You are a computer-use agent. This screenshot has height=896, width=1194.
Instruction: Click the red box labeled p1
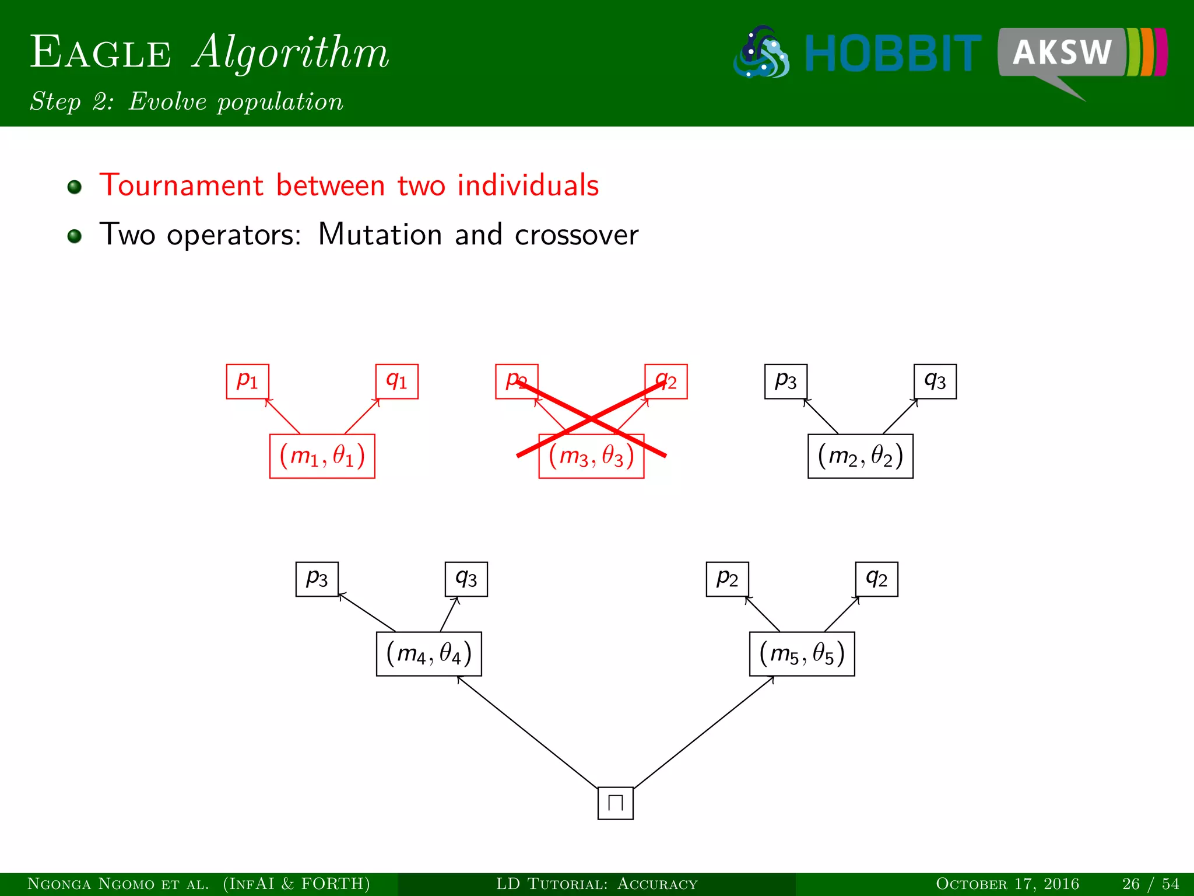point(247,381)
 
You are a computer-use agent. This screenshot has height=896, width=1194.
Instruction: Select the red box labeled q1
point(397,381)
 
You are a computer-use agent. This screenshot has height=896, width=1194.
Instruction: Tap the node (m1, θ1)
point(322,456)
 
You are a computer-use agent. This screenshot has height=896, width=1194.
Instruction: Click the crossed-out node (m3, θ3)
point(591,457)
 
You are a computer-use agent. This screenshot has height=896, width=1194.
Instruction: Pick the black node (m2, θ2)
point(860,456)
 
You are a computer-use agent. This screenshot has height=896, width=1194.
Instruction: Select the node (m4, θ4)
point(429,654)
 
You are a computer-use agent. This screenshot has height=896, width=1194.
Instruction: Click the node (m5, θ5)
point(802,654)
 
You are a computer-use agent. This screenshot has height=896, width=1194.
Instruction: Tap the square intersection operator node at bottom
point(615,803)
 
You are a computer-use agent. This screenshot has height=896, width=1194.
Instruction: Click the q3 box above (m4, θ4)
point(466,579)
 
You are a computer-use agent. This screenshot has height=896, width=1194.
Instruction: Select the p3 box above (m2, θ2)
point(785,381)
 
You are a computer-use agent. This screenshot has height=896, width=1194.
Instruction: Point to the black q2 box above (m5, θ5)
point(876,579)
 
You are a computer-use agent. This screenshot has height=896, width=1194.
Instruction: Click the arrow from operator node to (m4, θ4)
point(528,732)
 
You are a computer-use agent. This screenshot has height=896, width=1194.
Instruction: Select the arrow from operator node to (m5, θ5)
point(704,732)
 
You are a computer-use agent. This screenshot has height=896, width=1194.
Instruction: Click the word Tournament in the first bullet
point(181,185)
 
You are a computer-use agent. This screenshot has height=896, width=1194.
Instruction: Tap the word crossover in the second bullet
point(576,235)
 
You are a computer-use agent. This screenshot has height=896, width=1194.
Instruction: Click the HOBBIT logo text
point(892,54)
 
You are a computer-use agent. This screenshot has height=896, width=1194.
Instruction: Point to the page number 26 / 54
point(1150,884)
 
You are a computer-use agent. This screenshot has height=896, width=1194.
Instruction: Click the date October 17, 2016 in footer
point(1007,884)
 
